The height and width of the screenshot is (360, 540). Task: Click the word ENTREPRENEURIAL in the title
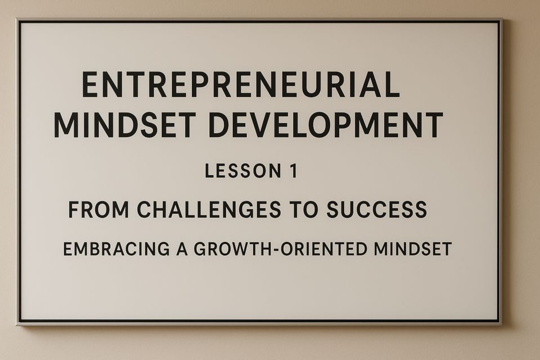pyautogui.click(x=241, y=84)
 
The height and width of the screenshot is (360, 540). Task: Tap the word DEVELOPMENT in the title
pyautogui.click(x=326, y=125)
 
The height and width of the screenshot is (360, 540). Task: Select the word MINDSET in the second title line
pyautogui.click(x=125, y=125)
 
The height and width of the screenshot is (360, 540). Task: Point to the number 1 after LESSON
pyautogui.click(x=294, y=171)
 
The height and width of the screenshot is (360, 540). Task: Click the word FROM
pyautogui.click(x=98, y=209)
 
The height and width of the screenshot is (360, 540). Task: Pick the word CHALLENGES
pyautogui.click(x=209, y=209)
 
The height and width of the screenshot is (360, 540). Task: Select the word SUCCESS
pyautogui.click(x=377, y=209)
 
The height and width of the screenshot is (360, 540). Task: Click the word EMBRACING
pyautogui.click(x=116, y=249)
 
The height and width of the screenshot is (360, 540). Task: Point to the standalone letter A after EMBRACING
pyautogui.click(x=182, y=249)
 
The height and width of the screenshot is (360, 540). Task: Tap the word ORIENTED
pyautogui.click(x=324, y=249)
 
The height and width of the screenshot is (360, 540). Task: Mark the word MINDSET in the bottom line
pyautogui.click(x=412, y=249)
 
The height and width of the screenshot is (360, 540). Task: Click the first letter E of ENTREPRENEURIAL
pyautogui.click(x=89, y=84)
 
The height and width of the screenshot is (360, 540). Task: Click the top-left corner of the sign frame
pyautogui.click(x=16, y=19)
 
